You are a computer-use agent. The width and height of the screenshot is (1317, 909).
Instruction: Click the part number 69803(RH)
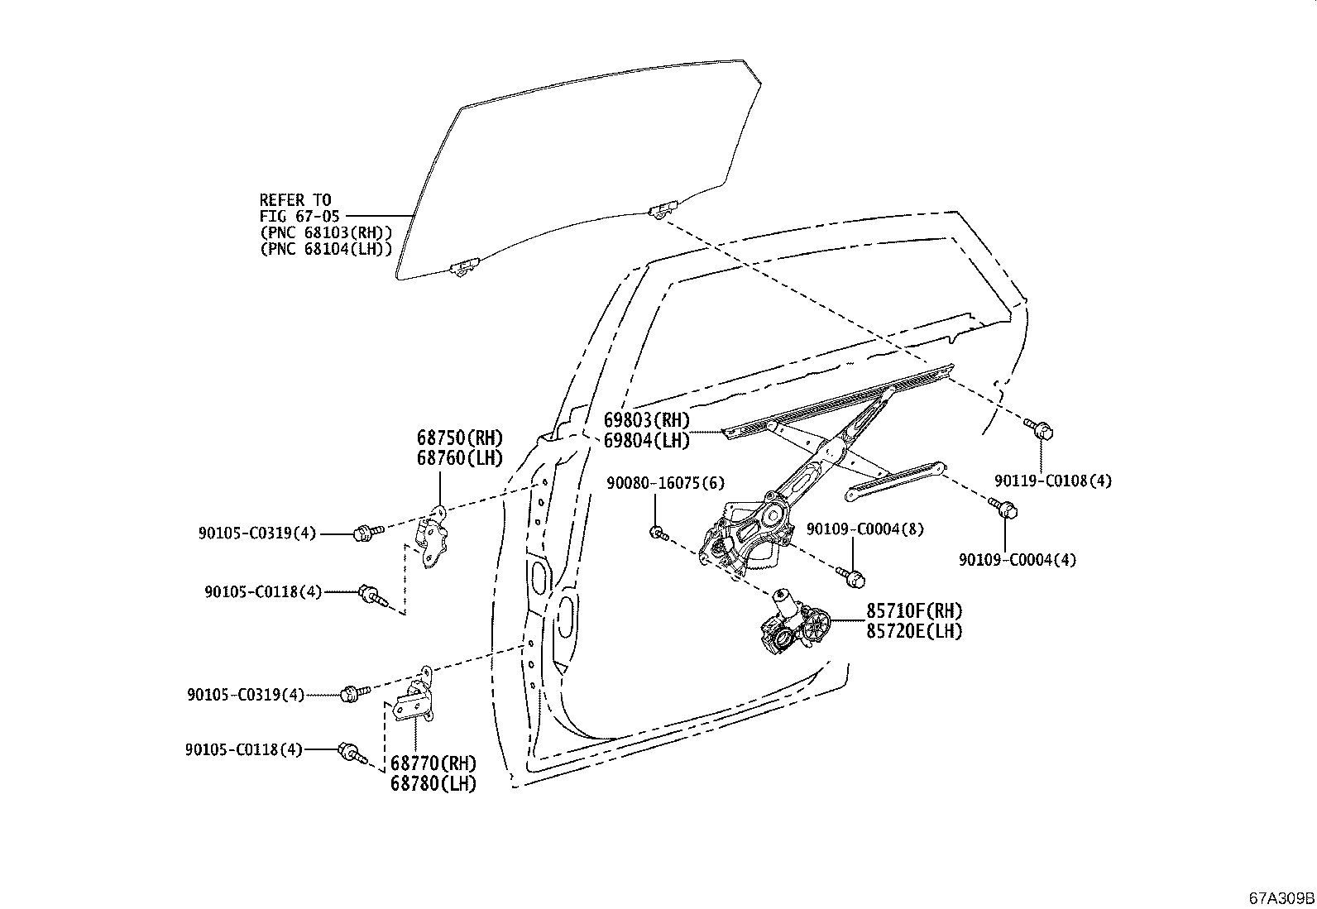tap(646, 420)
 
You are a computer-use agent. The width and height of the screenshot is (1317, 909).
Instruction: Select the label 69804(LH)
tap(646, 441)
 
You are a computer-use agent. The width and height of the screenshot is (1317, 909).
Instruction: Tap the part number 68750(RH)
tap(460, 438)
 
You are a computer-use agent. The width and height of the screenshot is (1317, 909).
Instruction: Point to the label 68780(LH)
tap(433, 783)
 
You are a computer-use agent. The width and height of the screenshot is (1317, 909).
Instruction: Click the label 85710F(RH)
tap(914, 611)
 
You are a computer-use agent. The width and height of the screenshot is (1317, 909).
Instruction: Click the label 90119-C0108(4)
tap(1053, 481)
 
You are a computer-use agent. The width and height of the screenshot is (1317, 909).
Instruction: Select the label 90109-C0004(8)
tap(853, 529)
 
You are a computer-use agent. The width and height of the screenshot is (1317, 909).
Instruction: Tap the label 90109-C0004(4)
tap(1018, 560)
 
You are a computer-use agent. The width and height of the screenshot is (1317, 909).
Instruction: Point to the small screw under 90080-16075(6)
tap(658, 533)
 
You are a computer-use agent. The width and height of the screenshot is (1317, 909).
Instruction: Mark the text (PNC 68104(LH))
tap(325, 249)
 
